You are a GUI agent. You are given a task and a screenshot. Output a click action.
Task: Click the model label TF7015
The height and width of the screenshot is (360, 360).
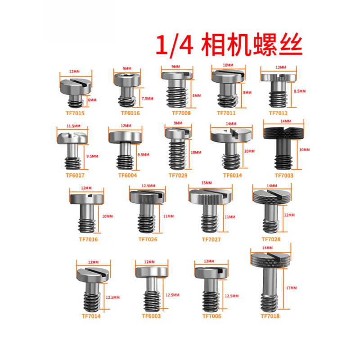74,113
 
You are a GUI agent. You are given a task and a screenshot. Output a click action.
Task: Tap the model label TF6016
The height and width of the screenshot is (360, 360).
130,113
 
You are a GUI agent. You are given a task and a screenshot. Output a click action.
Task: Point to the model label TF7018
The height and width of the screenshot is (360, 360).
270,316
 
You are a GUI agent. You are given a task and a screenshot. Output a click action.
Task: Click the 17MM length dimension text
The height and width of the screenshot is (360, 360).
291,288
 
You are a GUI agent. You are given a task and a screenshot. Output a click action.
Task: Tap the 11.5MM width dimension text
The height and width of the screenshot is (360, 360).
73,126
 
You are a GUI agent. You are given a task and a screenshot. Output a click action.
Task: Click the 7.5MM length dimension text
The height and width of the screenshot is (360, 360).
148,98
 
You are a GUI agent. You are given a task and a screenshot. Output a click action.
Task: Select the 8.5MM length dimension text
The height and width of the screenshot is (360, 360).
299,91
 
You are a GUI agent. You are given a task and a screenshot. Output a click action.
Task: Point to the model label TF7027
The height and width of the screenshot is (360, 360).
211,239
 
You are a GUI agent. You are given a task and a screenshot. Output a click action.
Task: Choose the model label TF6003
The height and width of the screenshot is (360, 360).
151,316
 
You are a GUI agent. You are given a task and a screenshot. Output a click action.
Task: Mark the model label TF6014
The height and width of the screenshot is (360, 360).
233,175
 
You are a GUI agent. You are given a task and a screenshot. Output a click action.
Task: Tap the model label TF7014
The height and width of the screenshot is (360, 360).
91,316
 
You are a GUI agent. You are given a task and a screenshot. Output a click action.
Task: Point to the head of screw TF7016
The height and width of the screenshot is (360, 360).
87,198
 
